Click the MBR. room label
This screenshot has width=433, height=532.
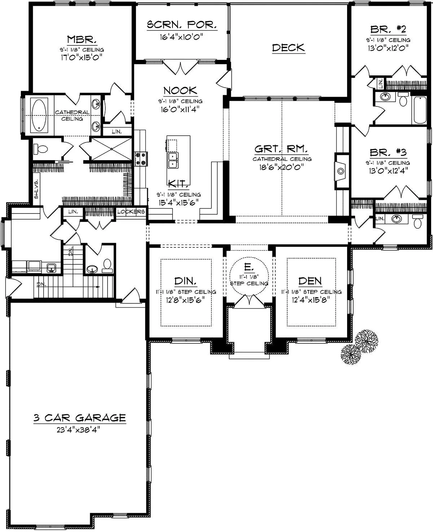[82, 39]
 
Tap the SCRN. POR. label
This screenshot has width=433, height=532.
[181, 25]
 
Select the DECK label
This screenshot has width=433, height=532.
[289, 48]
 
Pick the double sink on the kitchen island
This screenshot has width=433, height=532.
[172, 161]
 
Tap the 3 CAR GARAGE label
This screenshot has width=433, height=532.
[80, 418]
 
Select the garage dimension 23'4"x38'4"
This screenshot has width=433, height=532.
[78, 430]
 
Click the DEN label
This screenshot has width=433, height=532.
[310, 281]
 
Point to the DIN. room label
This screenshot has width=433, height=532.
[185, 281]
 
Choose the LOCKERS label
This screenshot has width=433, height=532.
[131, 212]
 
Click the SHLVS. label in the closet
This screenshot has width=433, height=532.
[36, 189]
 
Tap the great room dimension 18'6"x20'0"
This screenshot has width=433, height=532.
[281, 167]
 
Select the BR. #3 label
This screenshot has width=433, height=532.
[388, 152]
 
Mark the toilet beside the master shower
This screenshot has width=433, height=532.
[40, 149]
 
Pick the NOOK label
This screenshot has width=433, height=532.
[180, 91]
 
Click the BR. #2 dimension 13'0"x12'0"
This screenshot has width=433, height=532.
[388, 48]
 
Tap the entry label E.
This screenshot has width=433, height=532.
[249, 268]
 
